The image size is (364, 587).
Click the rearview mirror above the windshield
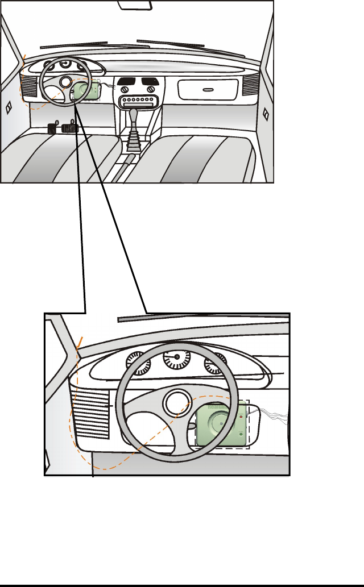pyautogui.click(x=135, y=4)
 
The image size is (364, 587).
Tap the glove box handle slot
pyautogui.click(x=207, y=89)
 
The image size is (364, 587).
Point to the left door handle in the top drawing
pyautogui.click(x=9, y=110)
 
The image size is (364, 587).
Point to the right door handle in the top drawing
pyautogui.click(x=265, y=113)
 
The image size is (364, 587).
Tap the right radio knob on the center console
pyautogui.click(x=151, y=90)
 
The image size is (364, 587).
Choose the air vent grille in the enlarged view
pyautogui.click(x=92, y=412)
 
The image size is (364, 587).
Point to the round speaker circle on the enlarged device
pyautogui.click(x=219, y=423)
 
